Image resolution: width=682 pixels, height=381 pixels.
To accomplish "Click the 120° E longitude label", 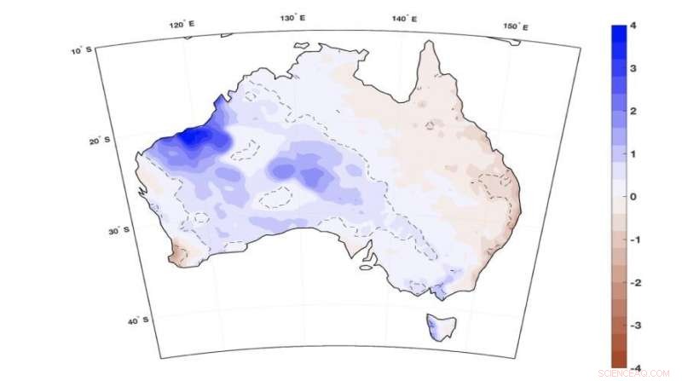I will coord(182,25).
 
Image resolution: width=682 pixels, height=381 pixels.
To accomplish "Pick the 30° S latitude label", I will coord(120,229).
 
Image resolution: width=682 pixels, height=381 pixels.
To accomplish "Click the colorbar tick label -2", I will coord(635,282).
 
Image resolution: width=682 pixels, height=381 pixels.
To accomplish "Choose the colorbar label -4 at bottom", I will coord(635,367).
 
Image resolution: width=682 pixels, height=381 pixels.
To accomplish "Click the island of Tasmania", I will coord(442,326).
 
